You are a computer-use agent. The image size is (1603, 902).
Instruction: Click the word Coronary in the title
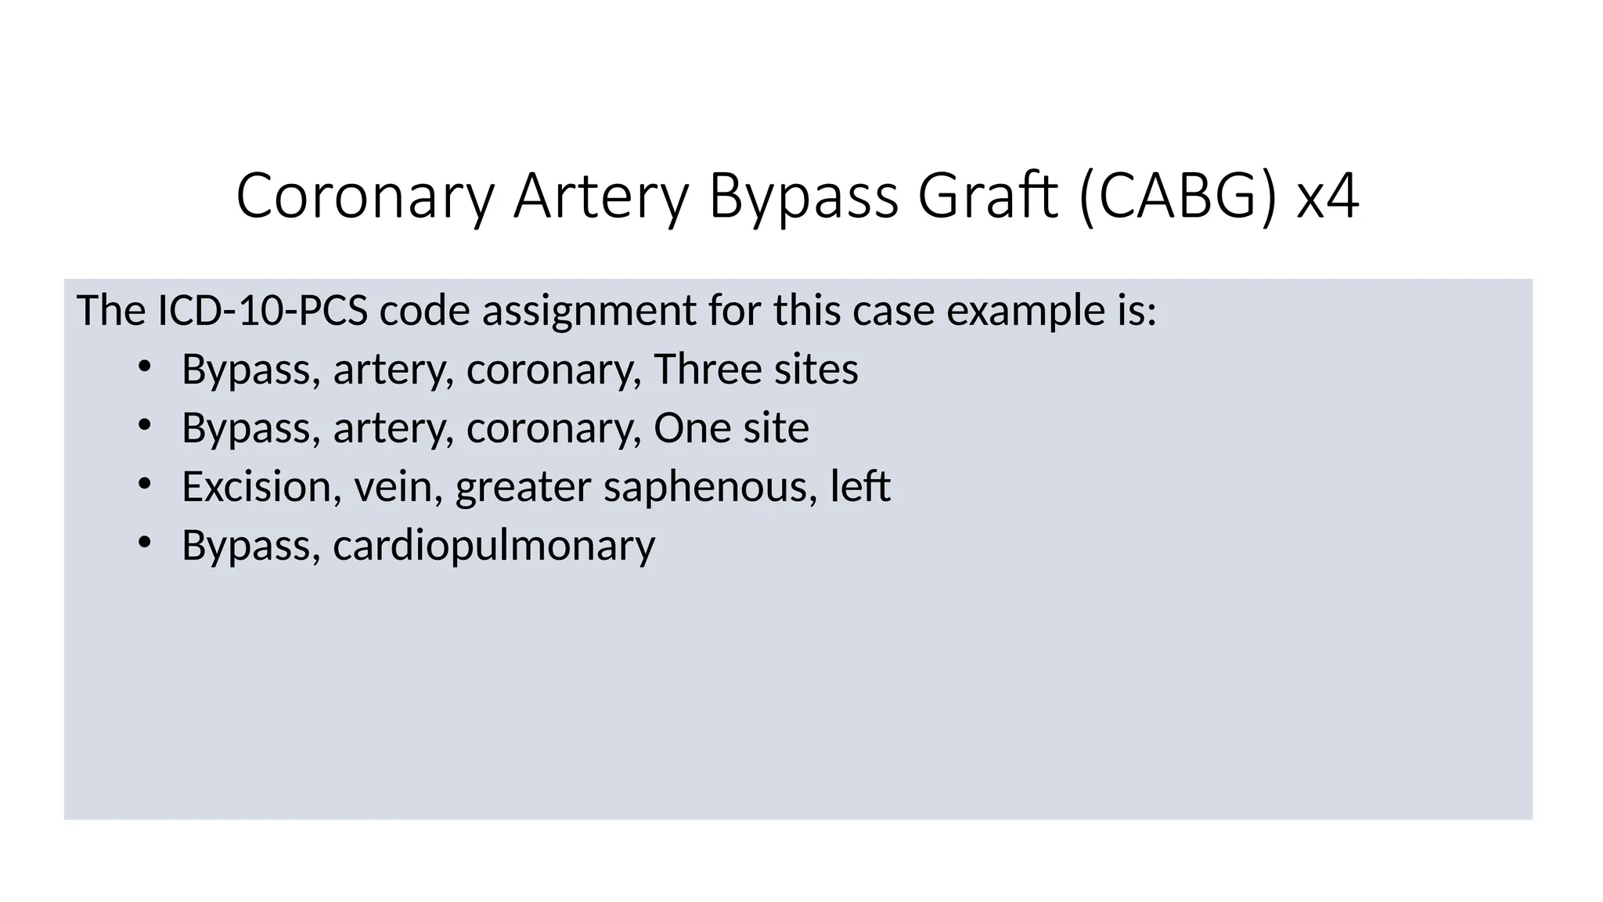tap(365, 196)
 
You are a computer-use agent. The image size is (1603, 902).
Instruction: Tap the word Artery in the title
tap(601, 196)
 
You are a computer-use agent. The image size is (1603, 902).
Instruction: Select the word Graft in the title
tap(988, 196)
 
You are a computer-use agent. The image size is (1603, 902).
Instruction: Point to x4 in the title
tap(1327, 196)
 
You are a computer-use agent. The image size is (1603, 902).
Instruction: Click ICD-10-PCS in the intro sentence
tap(263, 310)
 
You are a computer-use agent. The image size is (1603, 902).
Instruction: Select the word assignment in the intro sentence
tap(589, 312)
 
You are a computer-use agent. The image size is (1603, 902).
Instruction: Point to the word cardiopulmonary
tap(494, 547)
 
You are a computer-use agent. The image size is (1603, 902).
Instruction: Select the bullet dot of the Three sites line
tap(143, 366)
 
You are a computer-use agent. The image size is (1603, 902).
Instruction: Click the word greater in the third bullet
tap(523, 488)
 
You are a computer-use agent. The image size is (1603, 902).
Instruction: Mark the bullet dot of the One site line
tap(143, 425)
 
